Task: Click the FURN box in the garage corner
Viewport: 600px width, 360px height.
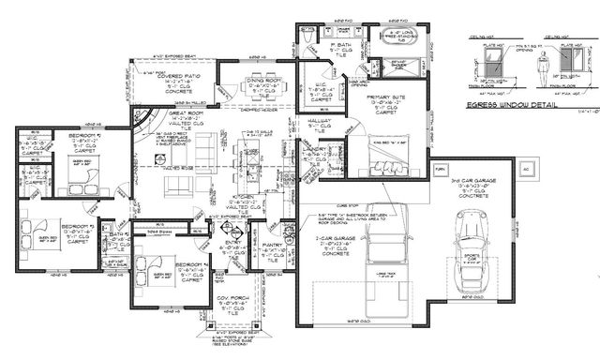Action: (x=441, y=169)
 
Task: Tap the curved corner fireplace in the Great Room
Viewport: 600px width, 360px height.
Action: (x=142, y=119)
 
